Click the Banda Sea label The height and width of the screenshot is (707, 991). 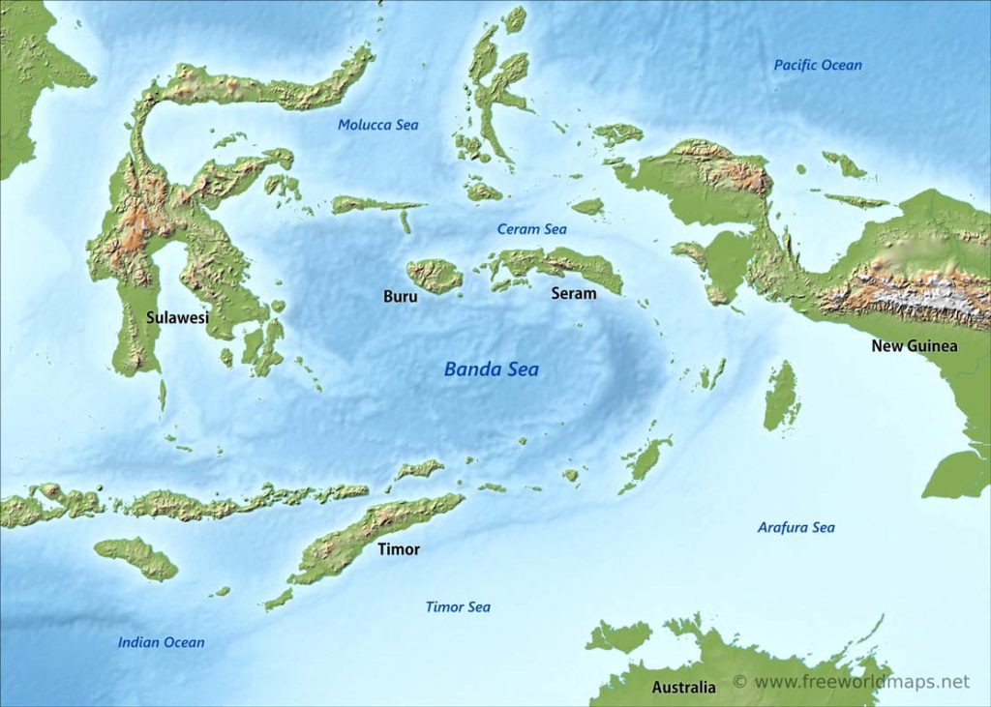coord(491,369)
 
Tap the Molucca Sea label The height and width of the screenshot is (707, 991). coord(377,125)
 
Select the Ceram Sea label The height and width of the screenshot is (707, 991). coord(531,229)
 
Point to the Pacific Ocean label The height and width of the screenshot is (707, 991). coord(817,65)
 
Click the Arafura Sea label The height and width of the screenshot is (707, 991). coord(796,527)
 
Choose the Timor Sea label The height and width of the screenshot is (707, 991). coord(458,606)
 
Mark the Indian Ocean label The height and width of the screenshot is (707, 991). coord(161,642)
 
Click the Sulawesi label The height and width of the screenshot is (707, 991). coord(177,316)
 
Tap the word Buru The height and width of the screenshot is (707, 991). coord(401,297)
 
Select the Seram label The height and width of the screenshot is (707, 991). coord(573,293)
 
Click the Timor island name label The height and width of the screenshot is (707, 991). coord(399,549)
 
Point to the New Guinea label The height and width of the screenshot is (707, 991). coord(914,345)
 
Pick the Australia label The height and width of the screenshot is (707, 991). coord(683,688)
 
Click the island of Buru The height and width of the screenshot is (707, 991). coord(435,276)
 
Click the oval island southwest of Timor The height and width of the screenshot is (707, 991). coord(135,558)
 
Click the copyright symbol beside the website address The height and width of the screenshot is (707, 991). coord(740,682)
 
